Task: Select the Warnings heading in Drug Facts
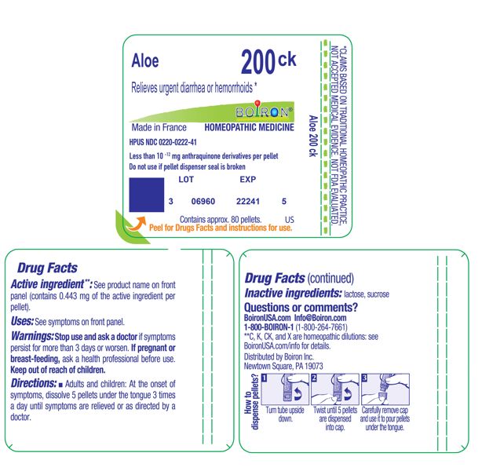click(x=32, y=337)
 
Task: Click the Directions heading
click(x=34, y=383)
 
